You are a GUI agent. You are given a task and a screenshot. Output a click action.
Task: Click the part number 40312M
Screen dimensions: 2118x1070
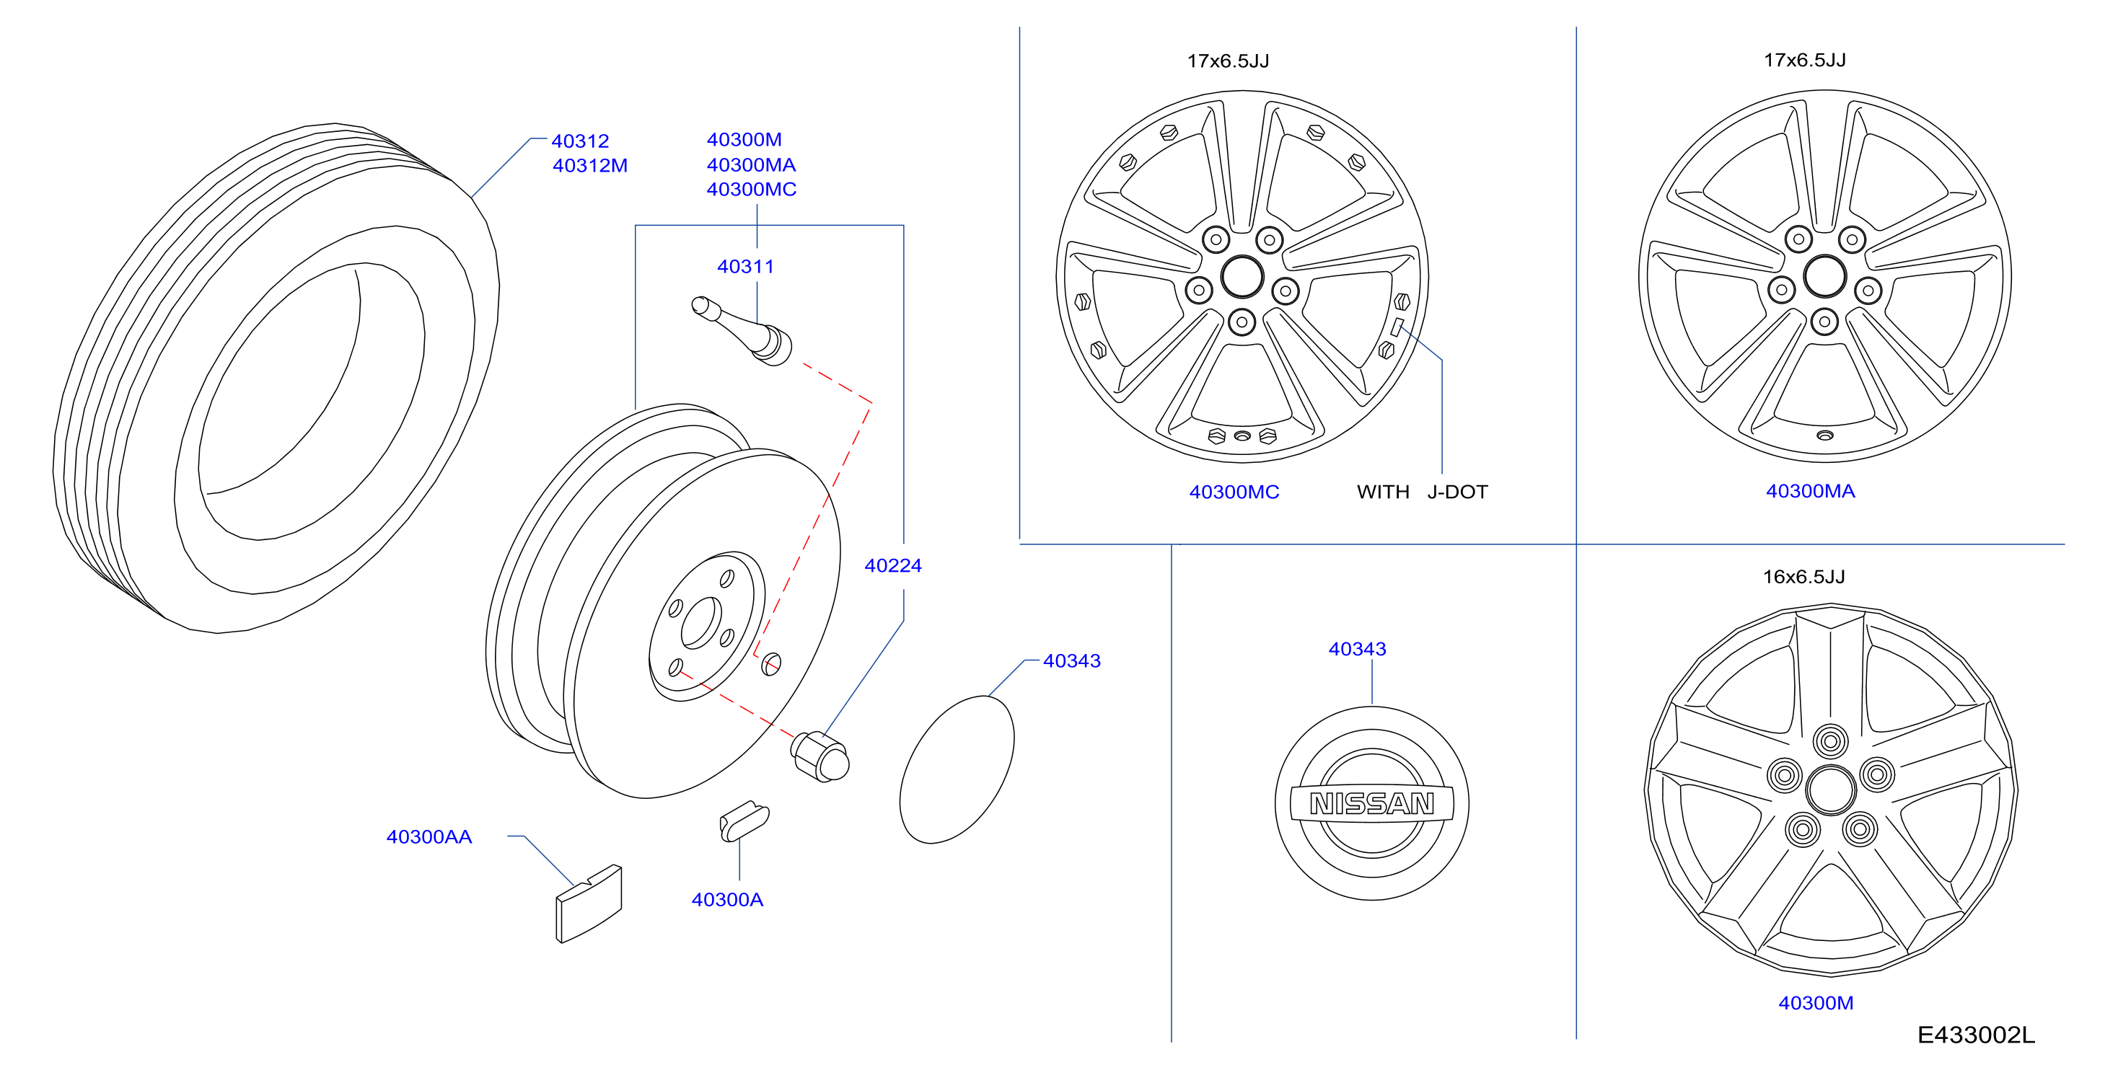tap(589, 166)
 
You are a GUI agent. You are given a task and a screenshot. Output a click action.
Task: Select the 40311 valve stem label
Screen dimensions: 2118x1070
tap(745, 266)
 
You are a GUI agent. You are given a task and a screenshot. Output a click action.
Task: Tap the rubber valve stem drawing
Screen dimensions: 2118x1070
tap(742, 330)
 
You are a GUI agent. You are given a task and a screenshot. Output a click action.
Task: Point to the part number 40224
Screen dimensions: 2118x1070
tap(893, 565)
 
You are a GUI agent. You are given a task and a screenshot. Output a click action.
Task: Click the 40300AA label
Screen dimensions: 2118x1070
tap(429, 836)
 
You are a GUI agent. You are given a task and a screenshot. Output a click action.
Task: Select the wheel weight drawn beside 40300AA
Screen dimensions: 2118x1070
tap(589, 903)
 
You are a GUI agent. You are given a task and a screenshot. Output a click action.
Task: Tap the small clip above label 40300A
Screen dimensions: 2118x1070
tap(744, 821)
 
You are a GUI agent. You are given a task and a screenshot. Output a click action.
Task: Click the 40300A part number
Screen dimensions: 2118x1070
tap(727, 900)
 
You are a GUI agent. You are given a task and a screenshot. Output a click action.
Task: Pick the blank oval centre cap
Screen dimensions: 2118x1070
tap(957, 769)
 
